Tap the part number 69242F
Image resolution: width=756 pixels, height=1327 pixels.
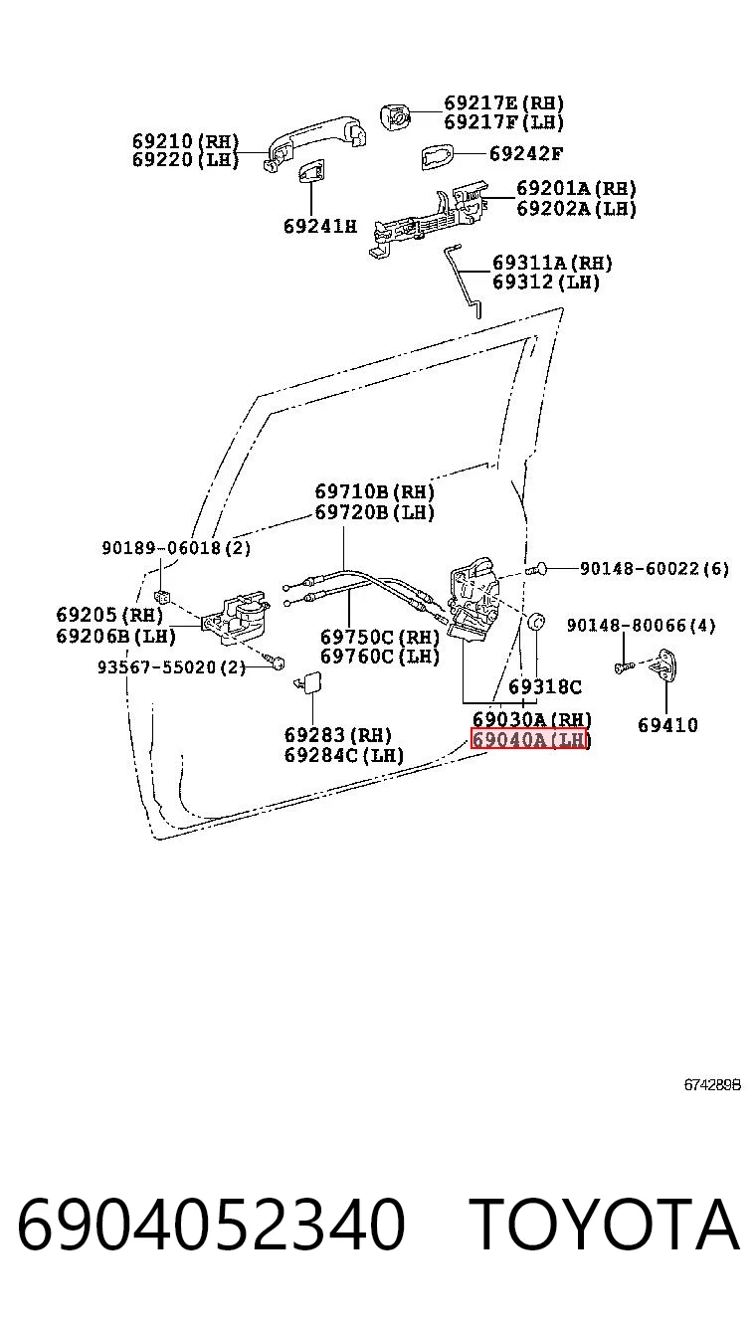(526, 154)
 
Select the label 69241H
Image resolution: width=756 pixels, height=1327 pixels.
(320, 226)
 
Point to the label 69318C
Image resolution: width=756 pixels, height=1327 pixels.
(545, 686)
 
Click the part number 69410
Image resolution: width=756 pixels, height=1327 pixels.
(667, 724)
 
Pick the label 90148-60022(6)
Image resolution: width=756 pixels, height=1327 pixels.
(655, 569)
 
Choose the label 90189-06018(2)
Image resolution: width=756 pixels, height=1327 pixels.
(176, 548)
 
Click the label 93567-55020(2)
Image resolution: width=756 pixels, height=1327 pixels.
(171, 667)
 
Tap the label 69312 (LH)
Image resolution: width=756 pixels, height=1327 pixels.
(546, 282)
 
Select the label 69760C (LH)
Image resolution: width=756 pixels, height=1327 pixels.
(380, 657)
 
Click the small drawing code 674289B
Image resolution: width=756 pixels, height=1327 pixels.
(712, 1084)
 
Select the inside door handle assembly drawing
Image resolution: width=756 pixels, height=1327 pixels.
(235, 619)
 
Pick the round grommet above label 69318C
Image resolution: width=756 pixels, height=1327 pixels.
(536, 623)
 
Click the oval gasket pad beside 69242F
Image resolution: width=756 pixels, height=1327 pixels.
(438, 156)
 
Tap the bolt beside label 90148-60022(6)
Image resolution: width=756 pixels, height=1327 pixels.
(535, 569)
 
